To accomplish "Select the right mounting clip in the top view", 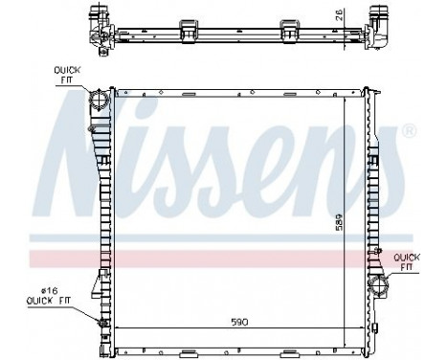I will click(285, 26).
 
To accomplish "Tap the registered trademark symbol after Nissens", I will click(409, 130).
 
